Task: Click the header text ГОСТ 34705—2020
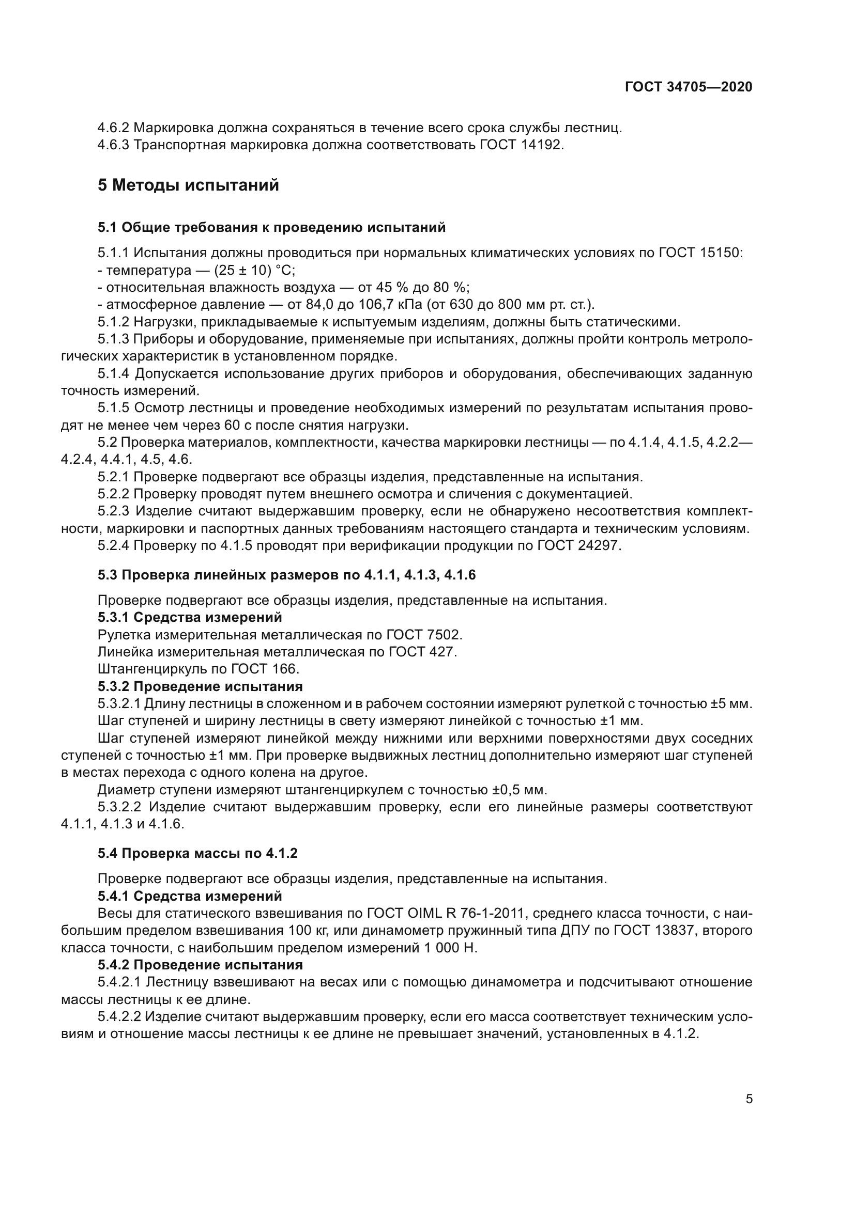click(688, 87)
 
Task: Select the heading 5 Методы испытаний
click(188, 185)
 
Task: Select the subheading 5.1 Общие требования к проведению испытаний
click(272, 227)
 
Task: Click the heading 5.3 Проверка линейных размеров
click(286, 575)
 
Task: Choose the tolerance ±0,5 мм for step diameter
click(520, 790)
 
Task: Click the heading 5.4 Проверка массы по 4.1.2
click(197, 853)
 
